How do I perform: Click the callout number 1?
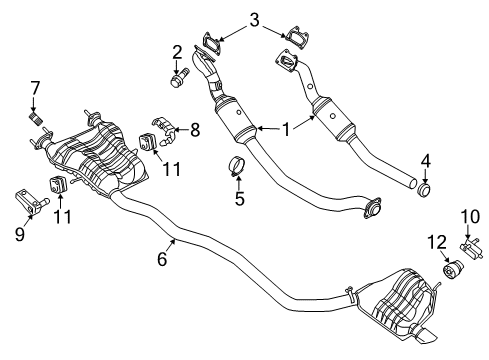[287, 128]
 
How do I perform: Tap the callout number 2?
[177, 51]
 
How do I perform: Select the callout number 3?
[255, 18]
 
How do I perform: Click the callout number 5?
[239, 198]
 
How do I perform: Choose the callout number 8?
[194, 128]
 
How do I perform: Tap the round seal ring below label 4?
[424, 187]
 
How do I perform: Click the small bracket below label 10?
[465, 272]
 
